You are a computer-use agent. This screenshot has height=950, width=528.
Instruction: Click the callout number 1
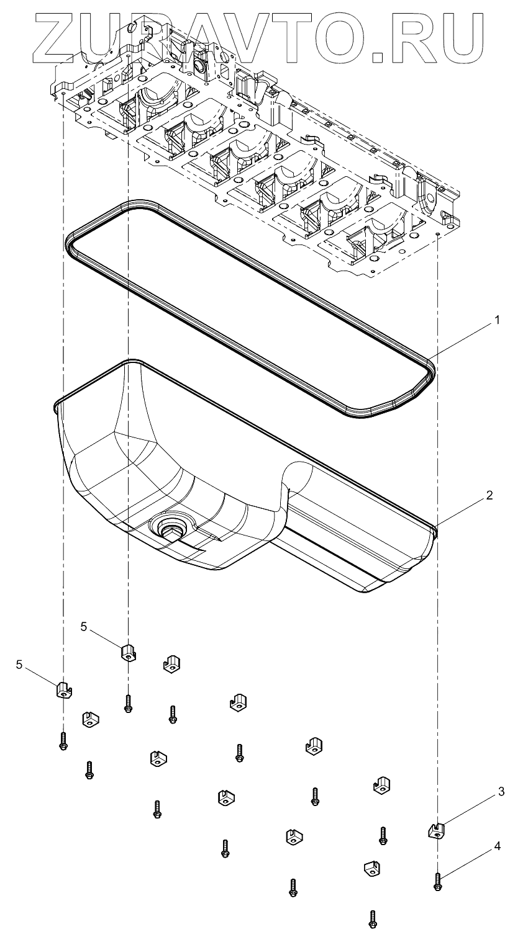click(496, 320)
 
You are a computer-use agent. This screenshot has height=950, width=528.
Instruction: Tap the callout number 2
click(489, 496)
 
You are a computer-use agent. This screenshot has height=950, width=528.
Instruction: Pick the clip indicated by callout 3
click(438, 830)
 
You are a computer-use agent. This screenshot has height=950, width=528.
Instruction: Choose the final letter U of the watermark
click(461, 34)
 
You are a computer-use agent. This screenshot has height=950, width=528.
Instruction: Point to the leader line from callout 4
click(470, 862)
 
